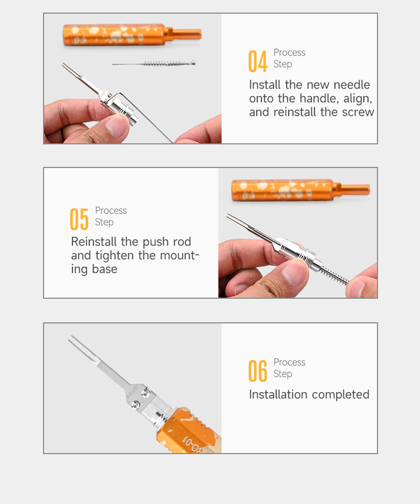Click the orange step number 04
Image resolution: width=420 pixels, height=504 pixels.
258,61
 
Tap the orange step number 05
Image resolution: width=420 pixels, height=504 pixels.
79,219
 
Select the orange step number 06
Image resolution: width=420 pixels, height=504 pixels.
258,371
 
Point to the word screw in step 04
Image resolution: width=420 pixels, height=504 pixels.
358,112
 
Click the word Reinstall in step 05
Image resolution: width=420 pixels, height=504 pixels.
94,241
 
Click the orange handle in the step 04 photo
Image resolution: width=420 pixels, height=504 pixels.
132,35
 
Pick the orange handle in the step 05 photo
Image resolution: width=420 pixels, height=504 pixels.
301,190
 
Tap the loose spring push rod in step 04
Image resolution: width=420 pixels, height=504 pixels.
154,64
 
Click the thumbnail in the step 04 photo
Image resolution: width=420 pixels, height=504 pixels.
115,125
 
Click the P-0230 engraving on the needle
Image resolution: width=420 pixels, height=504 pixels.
132,392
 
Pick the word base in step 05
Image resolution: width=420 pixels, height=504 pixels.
105,269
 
